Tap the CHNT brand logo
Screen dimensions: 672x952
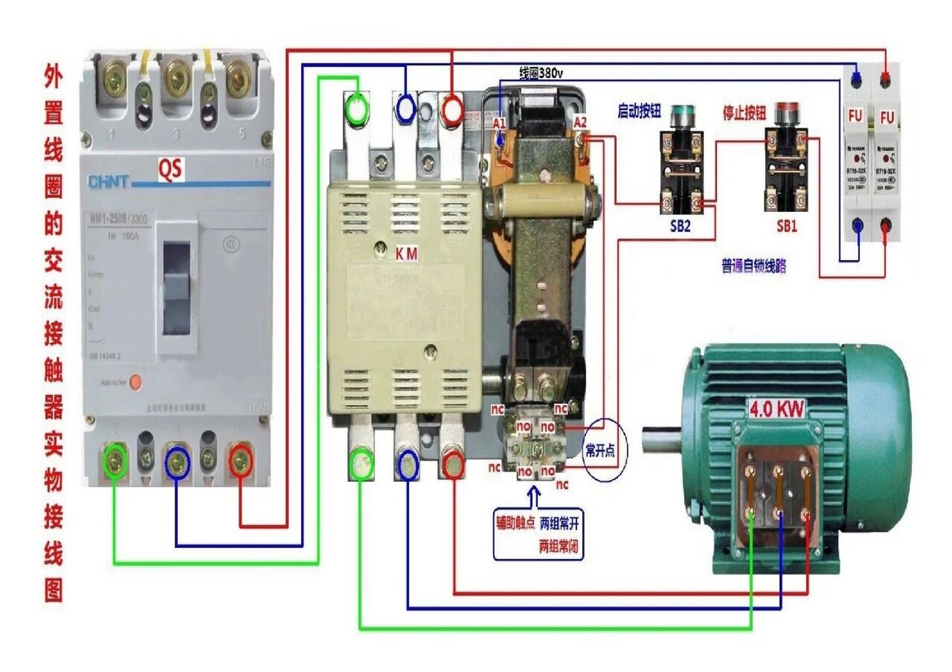(x=108, y=182)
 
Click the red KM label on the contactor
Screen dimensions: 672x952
(x=406, y=254)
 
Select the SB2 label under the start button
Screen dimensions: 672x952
(x=680, y=226)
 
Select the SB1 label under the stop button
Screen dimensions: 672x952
(x=787, y=226)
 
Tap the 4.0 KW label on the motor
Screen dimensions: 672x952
(x=777, y=409)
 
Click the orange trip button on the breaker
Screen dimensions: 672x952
(x=136, y=382)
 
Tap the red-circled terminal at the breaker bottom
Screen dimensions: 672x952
(x=241, y=460)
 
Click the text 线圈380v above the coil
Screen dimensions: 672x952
(x=541, y=73)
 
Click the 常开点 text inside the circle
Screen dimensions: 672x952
(x=599, y=450)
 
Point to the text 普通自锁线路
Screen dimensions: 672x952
(x=753, y=266)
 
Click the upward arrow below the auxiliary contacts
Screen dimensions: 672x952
(x=534, y=496)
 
